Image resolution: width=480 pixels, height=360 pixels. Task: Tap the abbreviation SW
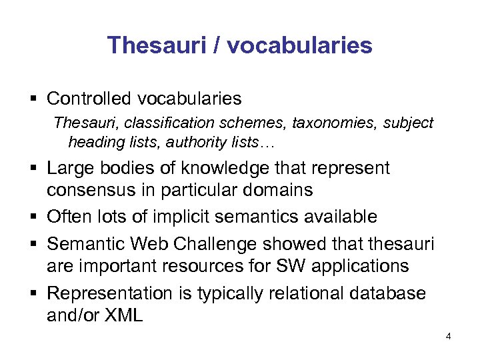(282, 266)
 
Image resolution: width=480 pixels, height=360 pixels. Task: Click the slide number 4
(448, 337)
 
